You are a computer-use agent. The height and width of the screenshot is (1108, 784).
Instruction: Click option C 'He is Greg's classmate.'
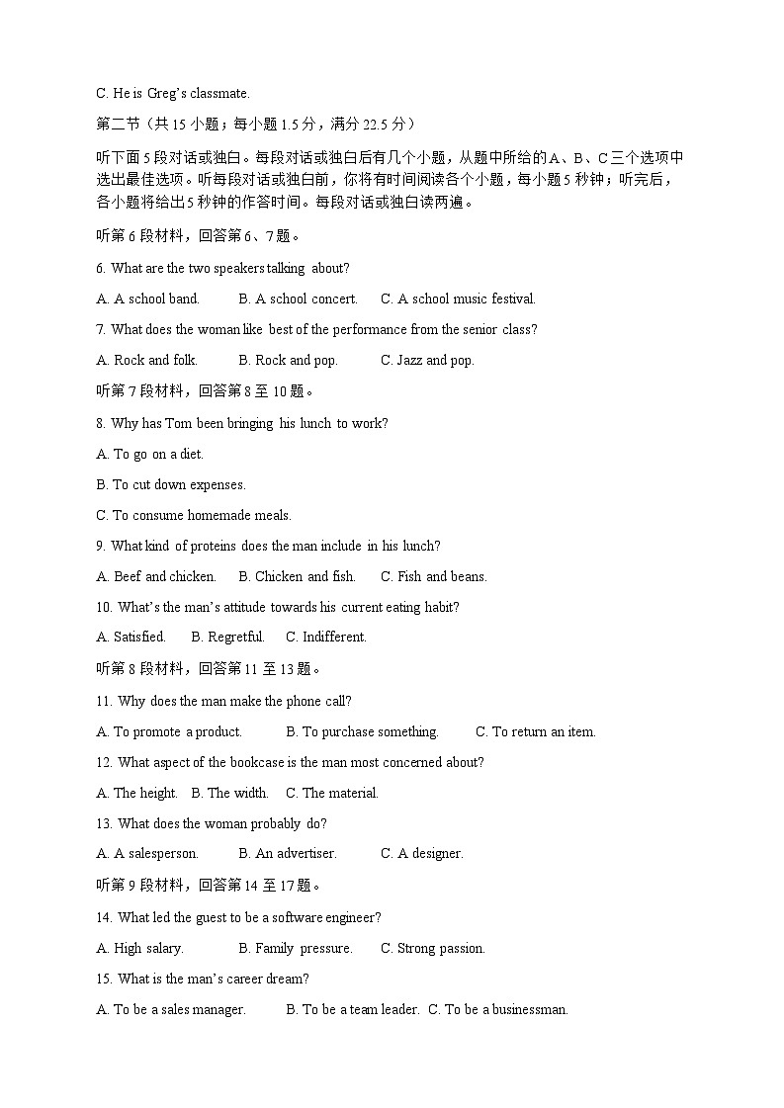[x=172, y=93]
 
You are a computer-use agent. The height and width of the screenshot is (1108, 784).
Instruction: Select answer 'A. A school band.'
[x=147, y=298]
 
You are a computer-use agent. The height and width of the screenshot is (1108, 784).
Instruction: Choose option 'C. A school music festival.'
[x=458, y=298]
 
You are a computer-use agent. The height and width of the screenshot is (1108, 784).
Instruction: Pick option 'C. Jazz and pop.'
[x=427, y=360]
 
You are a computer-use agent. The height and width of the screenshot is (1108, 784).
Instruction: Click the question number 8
[x=101, y=423]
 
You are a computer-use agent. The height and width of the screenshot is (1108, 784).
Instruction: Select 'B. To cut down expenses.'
[x=171, y=484]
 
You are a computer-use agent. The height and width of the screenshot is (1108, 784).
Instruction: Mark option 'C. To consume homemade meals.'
[x=194, y=515]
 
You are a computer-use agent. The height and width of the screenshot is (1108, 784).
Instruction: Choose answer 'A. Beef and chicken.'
[x=156, y=576]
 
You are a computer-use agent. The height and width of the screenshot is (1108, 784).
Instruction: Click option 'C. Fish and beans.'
[x=434, y=576]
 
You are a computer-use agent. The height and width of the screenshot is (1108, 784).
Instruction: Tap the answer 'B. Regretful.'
[x=227, y=637]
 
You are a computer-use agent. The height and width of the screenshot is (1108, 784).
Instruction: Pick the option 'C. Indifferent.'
[x=326, y=637]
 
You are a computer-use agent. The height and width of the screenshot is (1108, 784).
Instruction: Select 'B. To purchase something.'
[x=362, y=731]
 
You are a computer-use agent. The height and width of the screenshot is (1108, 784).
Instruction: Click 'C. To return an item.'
[x=536, y=731]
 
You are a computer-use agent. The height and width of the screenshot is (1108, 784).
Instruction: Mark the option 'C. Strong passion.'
[x=433, y=948]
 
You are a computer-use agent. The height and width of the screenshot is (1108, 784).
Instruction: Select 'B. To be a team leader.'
[x=353, y=1009]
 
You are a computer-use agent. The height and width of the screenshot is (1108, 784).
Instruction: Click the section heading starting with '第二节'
[x=256, y=124]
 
